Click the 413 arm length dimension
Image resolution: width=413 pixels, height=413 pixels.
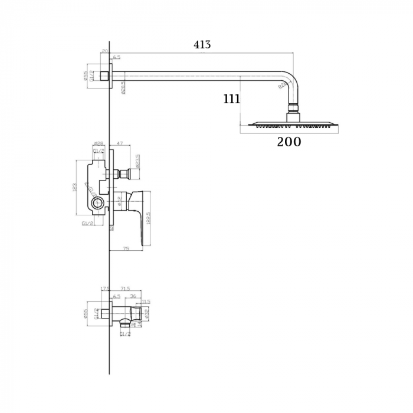202,44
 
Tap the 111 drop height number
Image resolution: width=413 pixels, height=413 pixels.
232,99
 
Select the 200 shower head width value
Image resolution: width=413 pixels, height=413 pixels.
289,142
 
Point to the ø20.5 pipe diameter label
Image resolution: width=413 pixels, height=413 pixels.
123,87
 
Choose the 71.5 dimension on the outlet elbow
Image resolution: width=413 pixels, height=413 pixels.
124,289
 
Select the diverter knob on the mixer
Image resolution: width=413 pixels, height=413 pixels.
124,173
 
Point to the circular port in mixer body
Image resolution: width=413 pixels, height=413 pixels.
98,205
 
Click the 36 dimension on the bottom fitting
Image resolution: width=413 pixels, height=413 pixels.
133,296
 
